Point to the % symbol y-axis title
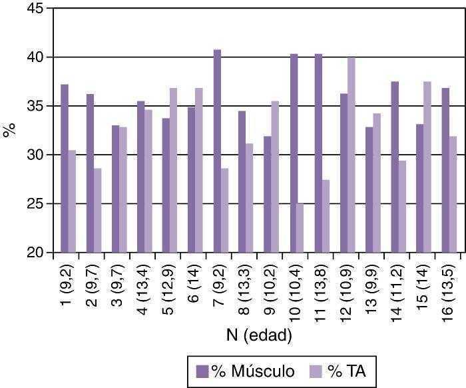[9, 130]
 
